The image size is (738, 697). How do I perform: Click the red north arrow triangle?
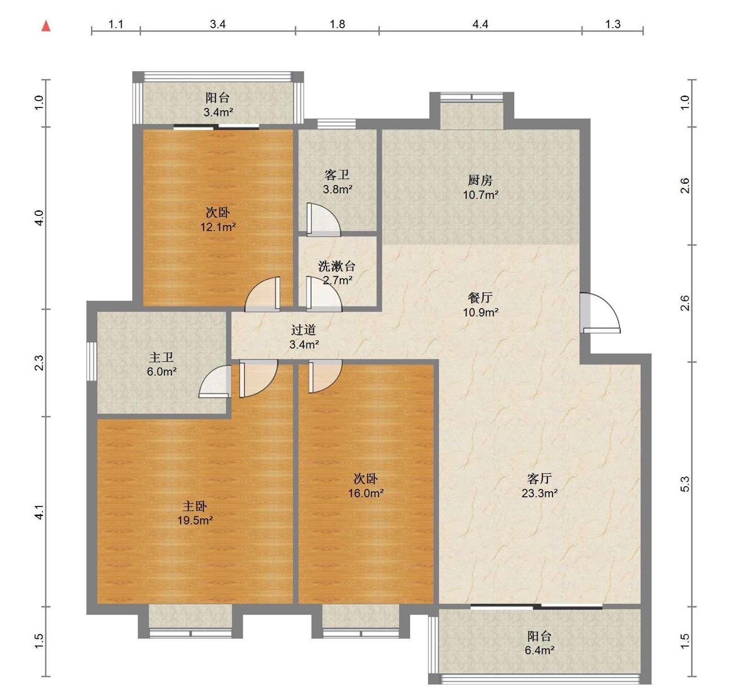[46, 26]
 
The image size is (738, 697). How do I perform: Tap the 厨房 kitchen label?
[480, 180]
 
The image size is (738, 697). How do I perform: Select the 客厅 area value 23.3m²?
[540, 493]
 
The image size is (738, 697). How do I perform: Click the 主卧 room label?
[195, 506]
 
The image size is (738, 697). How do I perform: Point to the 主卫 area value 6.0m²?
[161, 371]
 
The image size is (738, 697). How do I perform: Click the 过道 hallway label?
[304, 330]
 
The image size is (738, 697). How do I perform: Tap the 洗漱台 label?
[336, 266]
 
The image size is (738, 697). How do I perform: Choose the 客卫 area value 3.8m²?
[338, 189]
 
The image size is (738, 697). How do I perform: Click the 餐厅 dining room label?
[480, 297]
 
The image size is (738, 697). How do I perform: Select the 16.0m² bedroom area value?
[366, 493]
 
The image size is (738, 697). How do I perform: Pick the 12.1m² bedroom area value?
[218, 227]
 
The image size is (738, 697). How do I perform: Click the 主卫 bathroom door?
[215, 381]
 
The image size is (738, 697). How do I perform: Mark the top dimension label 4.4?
[480, 24]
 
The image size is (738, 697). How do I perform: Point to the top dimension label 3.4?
[218, 24]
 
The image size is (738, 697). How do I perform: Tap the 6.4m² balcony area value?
[540, 650]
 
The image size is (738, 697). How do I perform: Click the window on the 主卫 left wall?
[92, 361]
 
